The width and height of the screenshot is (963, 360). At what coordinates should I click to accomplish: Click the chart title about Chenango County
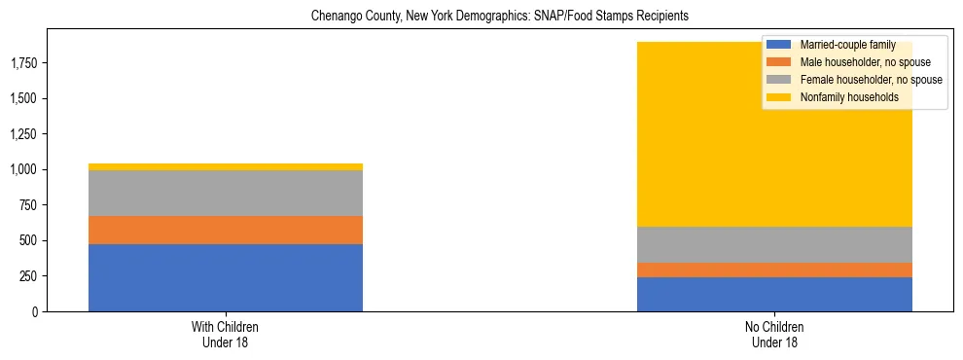tap(499, 17)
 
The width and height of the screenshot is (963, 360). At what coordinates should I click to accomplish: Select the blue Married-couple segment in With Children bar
tap(225, 277)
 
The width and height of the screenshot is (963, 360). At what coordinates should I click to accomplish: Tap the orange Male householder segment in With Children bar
tap(225, 230)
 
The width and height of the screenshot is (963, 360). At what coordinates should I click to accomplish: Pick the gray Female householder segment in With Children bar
tap(225, 193)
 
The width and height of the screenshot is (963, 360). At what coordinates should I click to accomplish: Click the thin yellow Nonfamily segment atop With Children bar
tap(225, 167)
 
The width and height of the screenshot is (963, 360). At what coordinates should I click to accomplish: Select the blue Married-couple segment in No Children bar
tap(774, 294)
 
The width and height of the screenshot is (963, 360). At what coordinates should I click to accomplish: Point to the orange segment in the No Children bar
tap(774, 270)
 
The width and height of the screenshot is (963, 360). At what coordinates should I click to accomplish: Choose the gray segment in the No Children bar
tap(774, 244)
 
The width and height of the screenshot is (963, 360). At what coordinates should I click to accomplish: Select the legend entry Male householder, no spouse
tap(857, 62)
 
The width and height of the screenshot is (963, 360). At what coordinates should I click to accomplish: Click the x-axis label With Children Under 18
tap(225, 335)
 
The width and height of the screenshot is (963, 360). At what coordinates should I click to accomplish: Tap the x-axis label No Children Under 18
tap(774, 335)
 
